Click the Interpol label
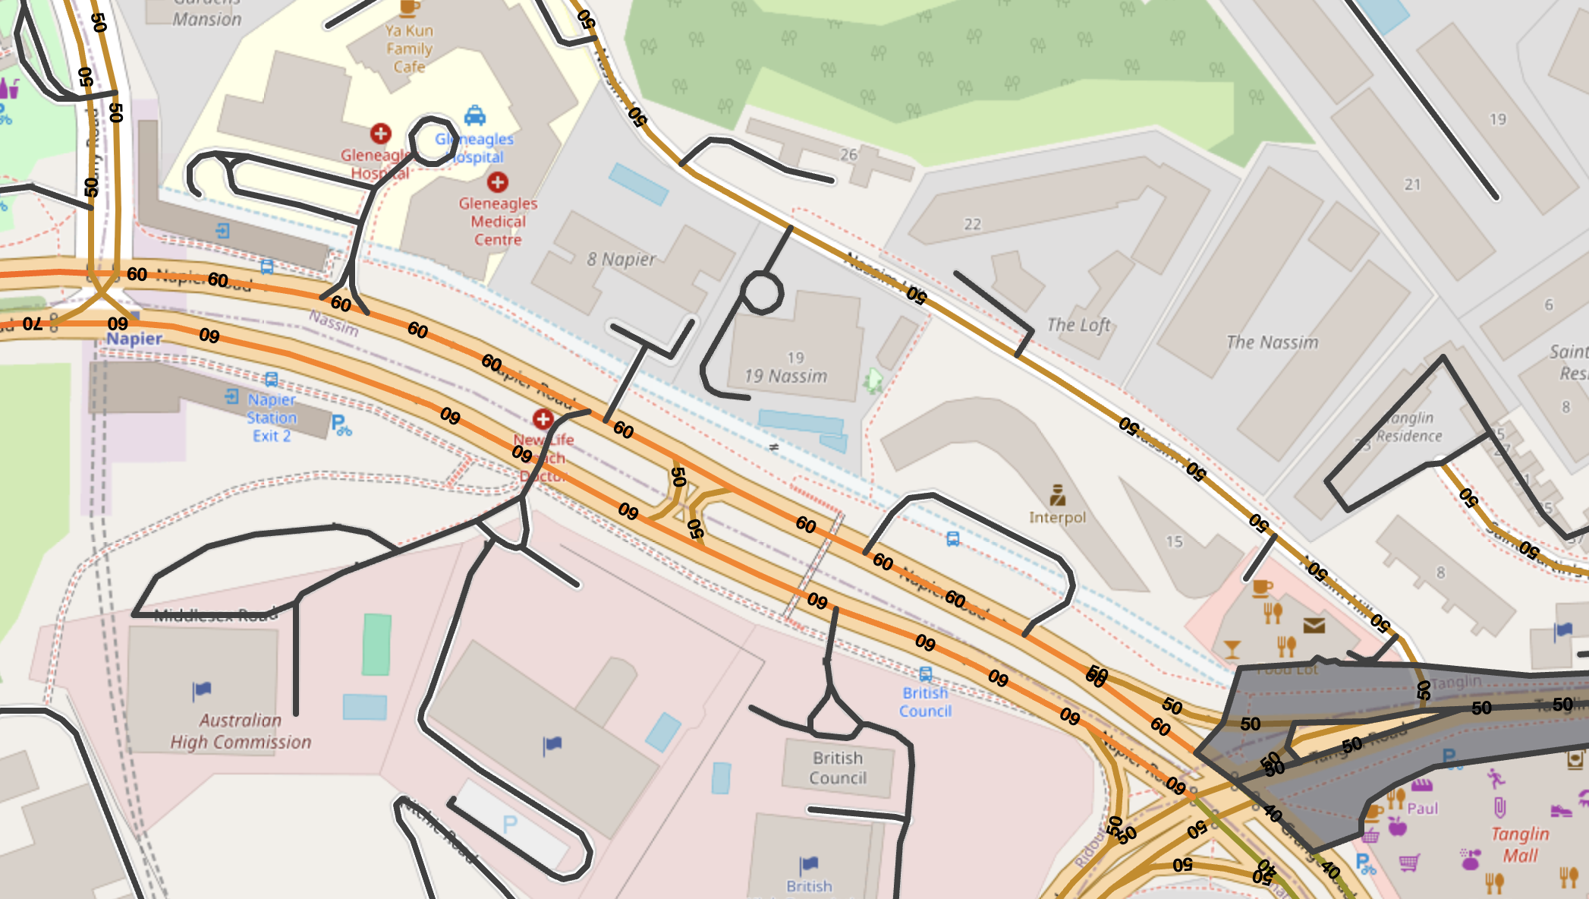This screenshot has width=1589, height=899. point(1057,518)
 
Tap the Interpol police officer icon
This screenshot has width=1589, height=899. point(1058,495)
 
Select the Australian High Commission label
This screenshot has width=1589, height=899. point(241,731)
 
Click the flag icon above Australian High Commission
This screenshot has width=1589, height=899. point(202,690)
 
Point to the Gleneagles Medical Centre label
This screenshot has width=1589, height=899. point(498,222)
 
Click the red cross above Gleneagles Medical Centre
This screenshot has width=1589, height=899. point(498,182)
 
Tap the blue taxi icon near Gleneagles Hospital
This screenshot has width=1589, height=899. point(475,115)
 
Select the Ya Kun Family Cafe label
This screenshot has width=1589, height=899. point(409,49)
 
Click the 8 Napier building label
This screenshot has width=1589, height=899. point(621,260)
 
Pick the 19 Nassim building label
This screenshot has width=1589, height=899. point(785,376)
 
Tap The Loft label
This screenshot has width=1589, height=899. point(1078,325)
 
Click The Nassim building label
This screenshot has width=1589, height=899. point(1273,342)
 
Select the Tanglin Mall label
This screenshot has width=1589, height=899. point(1520,844)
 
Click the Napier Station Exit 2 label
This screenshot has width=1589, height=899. point(271,418)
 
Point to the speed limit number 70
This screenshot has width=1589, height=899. point(32,324)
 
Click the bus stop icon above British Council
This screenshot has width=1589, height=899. point(925,673)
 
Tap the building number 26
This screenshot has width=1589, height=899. point(848,155)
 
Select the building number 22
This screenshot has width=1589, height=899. point(972,224)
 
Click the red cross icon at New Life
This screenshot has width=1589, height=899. point(543,419)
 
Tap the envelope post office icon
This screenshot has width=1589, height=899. point(1314,625)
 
